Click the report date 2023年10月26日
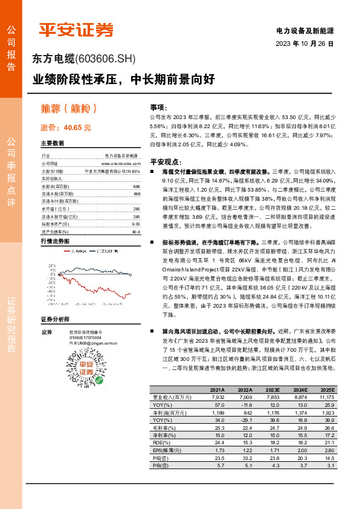coord(304,44)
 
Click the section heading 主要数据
coord(53,144)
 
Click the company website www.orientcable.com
coord(120,163)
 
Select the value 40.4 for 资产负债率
coord(135,214)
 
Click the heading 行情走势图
coord(54,224)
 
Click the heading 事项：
coord(158,106)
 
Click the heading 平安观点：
coord(166,161)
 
